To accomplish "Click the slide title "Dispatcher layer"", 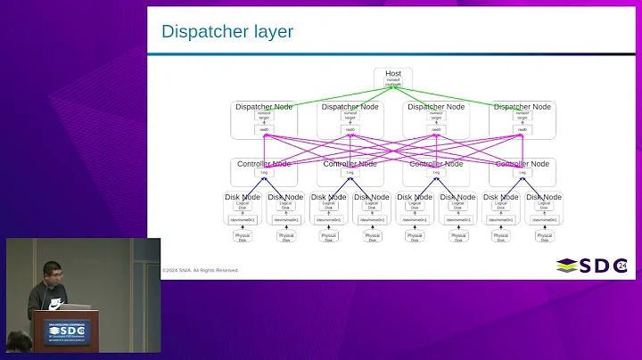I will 226,33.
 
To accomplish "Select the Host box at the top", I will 393,78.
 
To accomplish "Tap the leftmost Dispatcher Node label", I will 264,107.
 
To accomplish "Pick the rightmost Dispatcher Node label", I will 523,107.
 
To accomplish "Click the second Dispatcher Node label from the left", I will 350,107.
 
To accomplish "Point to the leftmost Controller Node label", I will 264,164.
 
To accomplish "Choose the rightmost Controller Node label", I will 523,164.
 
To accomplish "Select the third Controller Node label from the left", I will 436,164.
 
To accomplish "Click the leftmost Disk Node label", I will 243,197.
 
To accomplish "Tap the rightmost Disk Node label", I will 544,197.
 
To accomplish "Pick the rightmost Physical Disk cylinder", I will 544,237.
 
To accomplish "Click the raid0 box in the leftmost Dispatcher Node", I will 264,130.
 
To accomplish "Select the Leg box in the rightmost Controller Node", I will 523,172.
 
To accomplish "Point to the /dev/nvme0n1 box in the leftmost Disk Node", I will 243,219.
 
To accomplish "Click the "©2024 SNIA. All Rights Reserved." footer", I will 201,270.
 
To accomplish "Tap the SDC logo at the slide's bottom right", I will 589,266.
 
